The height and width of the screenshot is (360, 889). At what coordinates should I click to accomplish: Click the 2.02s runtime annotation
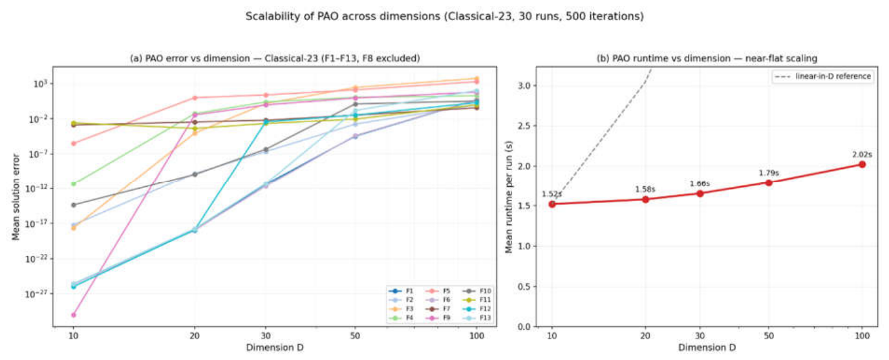click(x=862, y=154)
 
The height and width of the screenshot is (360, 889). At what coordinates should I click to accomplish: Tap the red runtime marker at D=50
click(x=769, y=183)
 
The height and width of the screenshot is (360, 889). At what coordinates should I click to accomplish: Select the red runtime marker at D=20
click(x=645, y=199)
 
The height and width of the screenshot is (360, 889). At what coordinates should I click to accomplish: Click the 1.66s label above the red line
click(x=700, y=184)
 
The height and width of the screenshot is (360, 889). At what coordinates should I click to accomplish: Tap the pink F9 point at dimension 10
click(x=74, y=315)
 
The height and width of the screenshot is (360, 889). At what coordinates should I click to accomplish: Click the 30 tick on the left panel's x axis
click(x=266, y=336)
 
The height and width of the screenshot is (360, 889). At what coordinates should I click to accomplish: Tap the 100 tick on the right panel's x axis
click(x=862, y=336)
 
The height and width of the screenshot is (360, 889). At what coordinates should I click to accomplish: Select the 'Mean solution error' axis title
click(x=16, y=197)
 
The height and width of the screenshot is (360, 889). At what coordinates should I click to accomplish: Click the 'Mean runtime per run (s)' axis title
click(x=509, y=197)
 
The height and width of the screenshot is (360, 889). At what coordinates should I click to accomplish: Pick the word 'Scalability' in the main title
click(x=270, y=16)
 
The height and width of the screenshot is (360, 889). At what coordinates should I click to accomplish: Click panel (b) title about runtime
click(x=707, y=58)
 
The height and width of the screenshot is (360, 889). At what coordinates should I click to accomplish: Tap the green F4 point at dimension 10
click(x=74, y=184)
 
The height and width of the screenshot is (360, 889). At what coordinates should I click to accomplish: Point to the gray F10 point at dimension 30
click(x=266, y=150)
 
